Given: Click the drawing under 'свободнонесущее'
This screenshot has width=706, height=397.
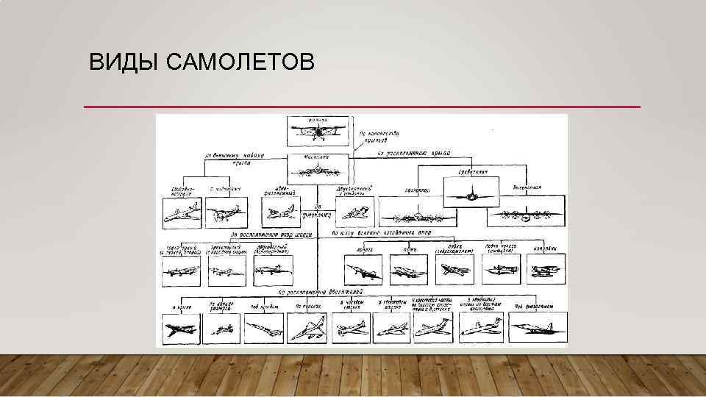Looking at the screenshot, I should tap(179, 215).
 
